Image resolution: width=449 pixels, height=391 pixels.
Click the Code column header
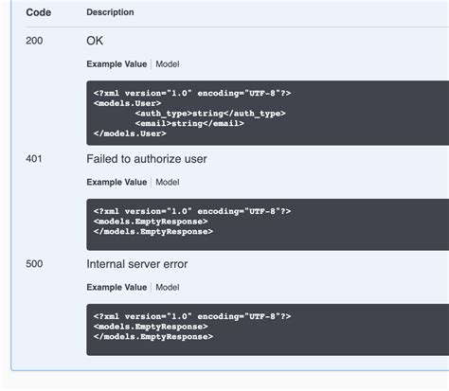tap(38, 12)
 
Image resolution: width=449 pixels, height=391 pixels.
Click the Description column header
tap(110, 12)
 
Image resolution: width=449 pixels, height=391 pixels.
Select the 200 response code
tap(34, 42)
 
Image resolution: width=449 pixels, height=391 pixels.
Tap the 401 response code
tap(34, 159)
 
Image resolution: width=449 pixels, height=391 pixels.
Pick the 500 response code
tap(34, 264)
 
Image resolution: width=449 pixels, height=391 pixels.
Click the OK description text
tap(95, 42)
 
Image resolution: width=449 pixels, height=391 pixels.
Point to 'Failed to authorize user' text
tap(146, 159)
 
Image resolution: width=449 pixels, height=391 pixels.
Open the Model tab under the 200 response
tap(167, 64)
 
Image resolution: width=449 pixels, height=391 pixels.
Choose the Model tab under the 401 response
tap(167, 182)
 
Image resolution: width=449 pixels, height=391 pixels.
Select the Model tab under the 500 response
tap(167, 287)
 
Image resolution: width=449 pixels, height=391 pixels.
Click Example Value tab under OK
tap(117, 64)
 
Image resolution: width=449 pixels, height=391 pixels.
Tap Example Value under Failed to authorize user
tap(117, 182)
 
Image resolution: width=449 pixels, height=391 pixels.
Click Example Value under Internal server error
tap(117, 287)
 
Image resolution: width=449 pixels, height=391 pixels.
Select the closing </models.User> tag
tap(127, 133)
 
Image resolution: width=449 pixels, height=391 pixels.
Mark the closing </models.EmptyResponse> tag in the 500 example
tap(153, 336)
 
